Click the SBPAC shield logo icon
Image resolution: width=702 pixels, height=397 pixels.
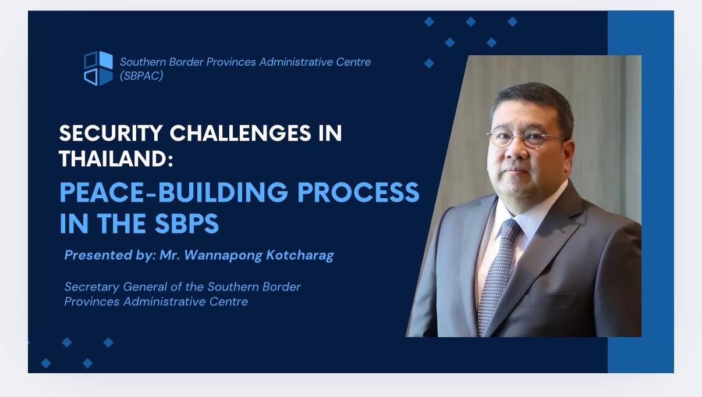[x=98, y=68]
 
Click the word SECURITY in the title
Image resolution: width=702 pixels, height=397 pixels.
[x=111, y=133]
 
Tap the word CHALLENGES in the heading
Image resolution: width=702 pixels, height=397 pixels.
[x=240, y=133]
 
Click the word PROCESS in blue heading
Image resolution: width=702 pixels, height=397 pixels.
[x=358, y=192]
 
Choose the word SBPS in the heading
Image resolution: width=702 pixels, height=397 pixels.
[x=187, y=223]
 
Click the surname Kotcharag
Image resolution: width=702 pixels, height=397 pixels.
[x=300, y=255]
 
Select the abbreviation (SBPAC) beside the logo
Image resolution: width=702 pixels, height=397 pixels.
[x=141, y=76]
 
